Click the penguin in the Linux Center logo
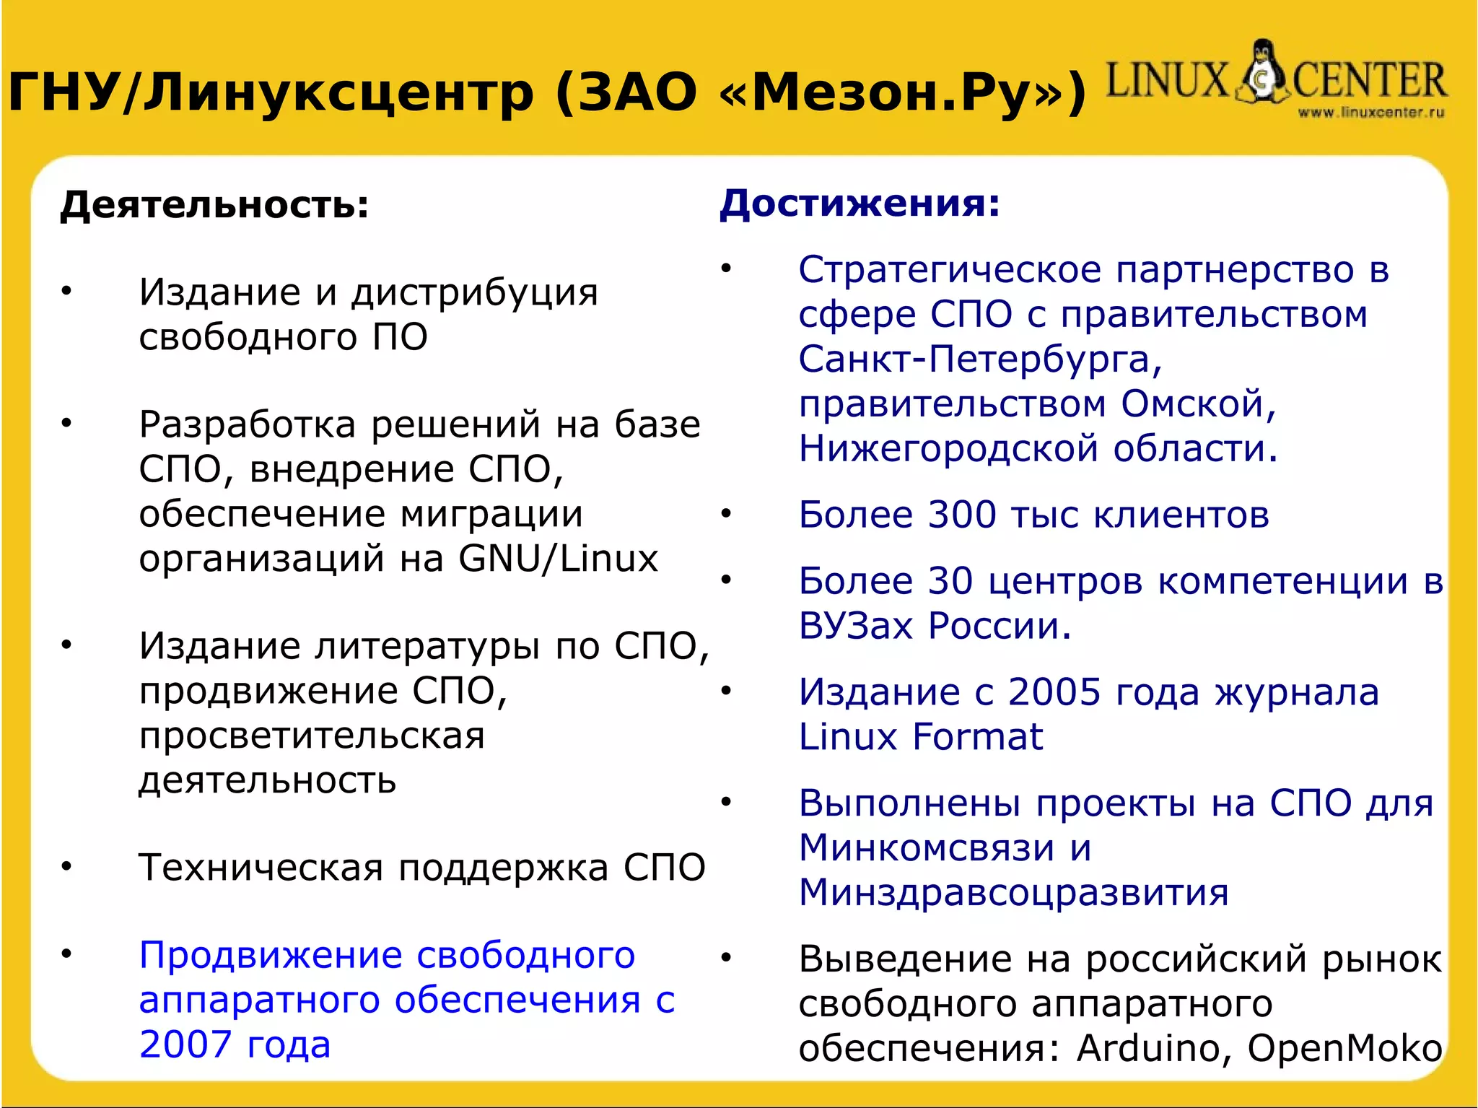pos(1261,72)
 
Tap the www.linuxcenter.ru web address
pos(1370,113)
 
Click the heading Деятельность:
pos(214,205)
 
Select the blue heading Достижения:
pos(860,204)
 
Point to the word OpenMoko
pos(1344,1048)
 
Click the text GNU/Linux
pos(558,559)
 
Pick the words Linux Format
pos(920,737)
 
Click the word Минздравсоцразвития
pos(1013,893)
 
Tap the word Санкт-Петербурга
pos(979,359)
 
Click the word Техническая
pos(261,868)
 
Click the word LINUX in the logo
pos(1166,80)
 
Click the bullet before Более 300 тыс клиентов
pos(726,514)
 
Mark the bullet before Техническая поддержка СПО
pos(66,866)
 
